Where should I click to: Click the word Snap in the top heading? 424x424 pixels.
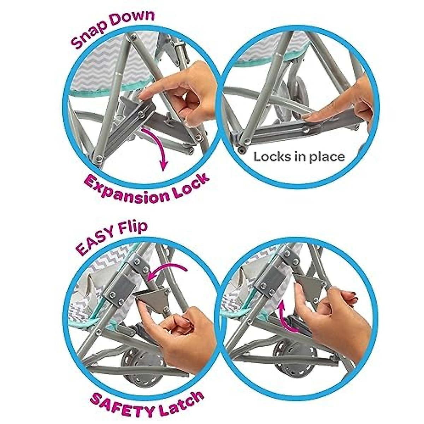tap(89, 34)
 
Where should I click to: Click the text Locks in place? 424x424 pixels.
tap(299, 157)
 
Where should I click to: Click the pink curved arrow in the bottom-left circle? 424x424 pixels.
tap(166, 270)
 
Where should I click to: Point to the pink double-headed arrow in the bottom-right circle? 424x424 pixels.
tap(286, 316)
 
